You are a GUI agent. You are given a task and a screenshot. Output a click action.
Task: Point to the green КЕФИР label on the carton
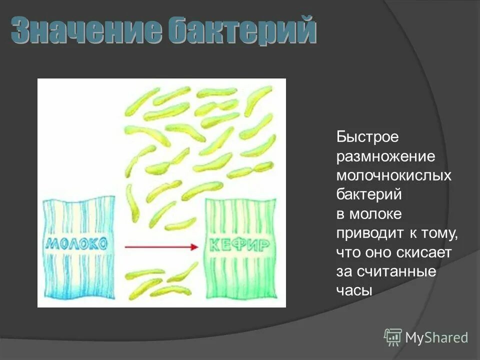(239, 245)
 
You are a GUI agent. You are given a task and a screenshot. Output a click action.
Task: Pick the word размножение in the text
(386, 156)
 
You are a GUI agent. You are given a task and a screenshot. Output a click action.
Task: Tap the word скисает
(425, 252)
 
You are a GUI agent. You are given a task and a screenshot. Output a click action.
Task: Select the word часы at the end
(354, 291)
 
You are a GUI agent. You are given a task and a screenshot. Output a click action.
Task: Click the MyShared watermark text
(436, 338)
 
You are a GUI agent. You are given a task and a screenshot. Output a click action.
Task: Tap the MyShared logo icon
(393, 337)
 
